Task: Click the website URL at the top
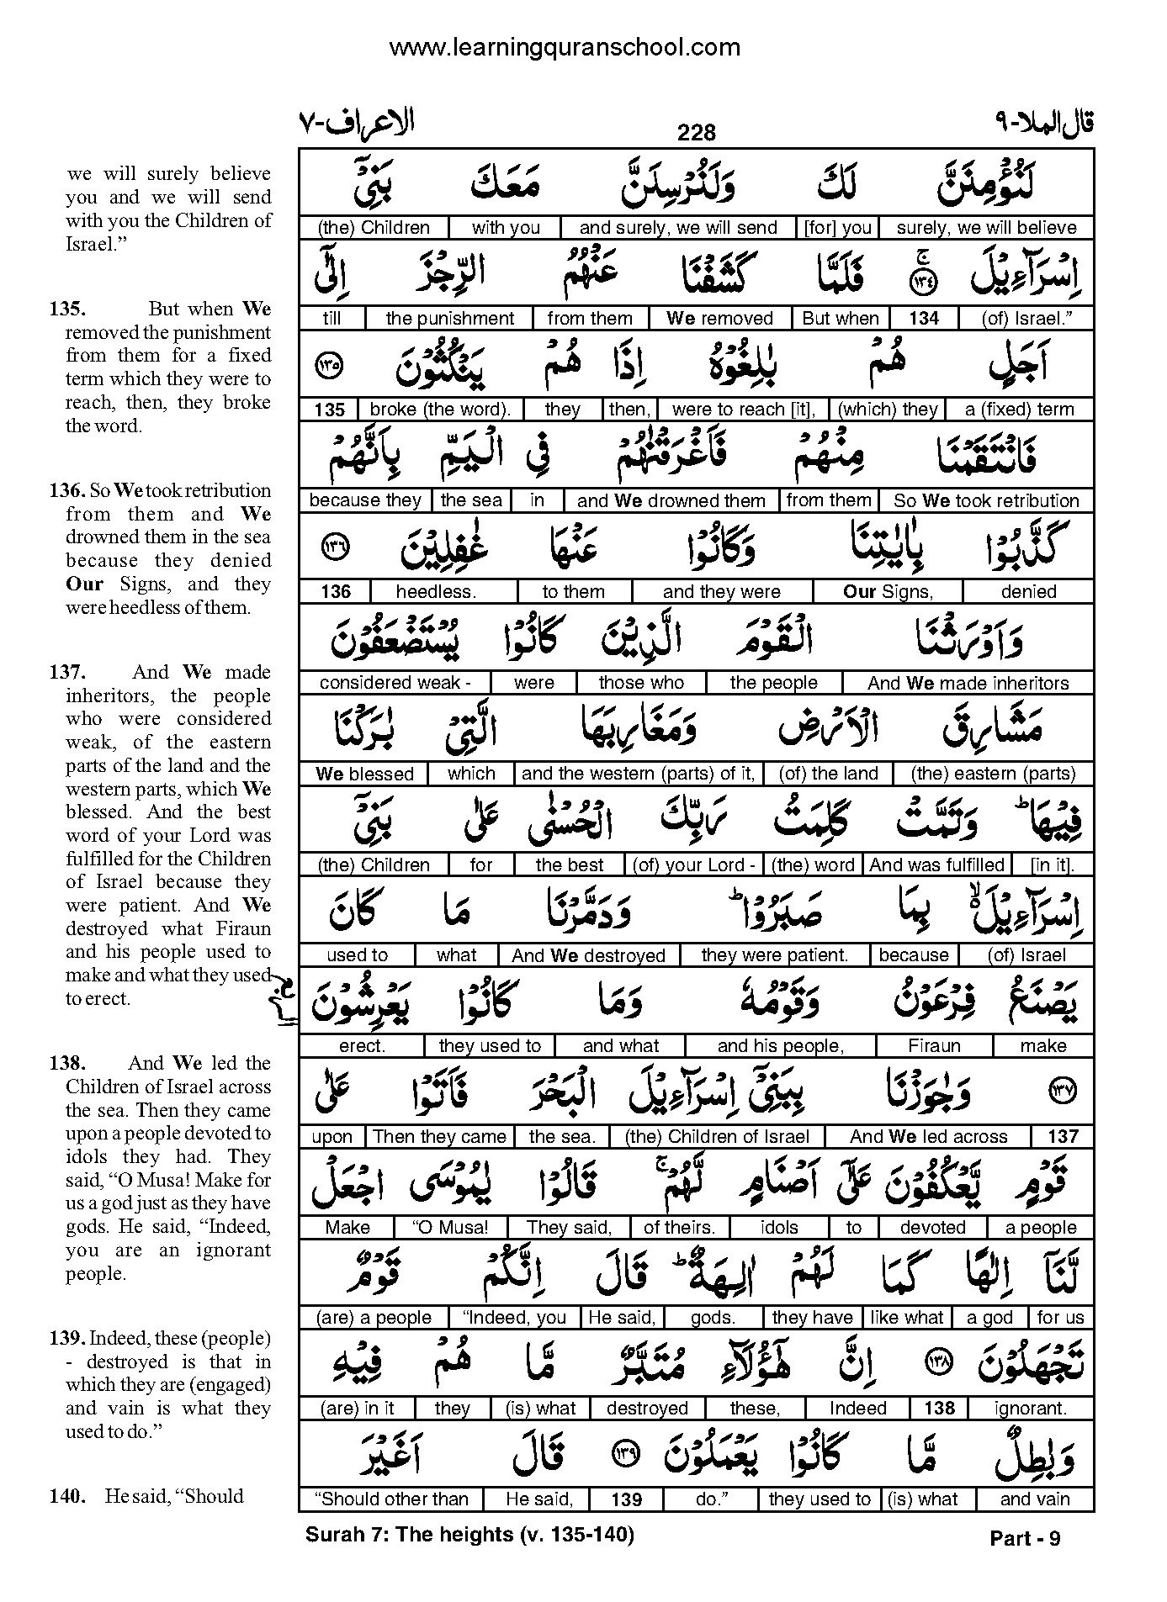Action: (565, 48)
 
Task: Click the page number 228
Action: (696, 133)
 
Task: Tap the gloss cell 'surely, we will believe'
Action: (986, 228)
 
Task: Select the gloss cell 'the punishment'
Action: (449, 319)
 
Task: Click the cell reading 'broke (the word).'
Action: (439, 410)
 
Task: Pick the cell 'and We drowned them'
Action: (671, 501)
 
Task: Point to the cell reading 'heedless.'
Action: (436, 592)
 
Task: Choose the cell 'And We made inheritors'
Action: (968, 683)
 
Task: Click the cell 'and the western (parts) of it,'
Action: (638, 774)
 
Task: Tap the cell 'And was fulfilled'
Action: (936, 865)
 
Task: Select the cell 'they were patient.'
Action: (774, 955)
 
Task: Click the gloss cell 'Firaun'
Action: (934, 1046)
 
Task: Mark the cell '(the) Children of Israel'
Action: (717, 1137)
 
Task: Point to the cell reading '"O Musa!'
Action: (453, 1228)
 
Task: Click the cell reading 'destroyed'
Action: (647, 1409)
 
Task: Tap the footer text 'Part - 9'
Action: (1025, 1538)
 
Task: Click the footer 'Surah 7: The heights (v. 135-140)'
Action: (469, 1535)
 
